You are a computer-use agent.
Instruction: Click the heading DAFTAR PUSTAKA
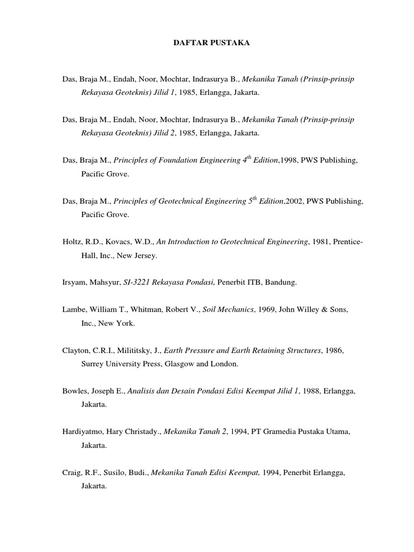click(x=207, y=42)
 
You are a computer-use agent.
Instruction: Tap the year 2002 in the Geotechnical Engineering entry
click(x=295, y=202)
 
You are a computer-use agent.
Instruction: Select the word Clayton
click(x=74, y=350)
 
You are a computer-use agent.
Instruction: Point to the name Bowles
click(x=74, y=390)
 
